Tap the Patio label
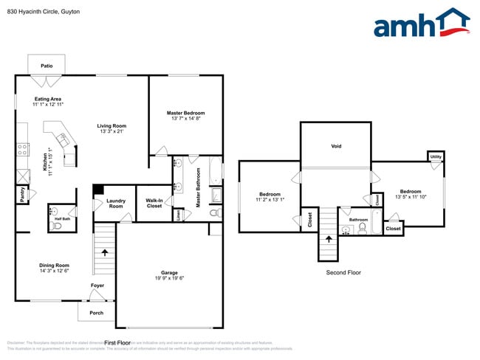[47, 66]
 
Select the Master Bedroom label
[185, 113]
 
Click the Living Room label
[112, 125]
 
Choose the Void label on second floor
[335, 146]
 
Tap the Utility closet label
[436, 157]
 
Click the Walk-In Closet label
[154, 203]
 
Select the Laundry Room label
[115, 203]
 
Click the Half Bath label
[62, 219]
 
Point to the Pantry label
[21, 194]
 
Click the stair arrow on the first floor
[104, 252]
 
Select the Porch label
[97, 312]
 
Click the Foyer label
[97, 285]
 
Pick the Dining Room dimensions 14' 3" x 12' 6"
[55, 271]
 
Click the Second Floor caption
[343, 272]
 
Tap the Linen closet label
[178, 214]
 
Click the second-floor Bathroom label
[358, 219]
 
